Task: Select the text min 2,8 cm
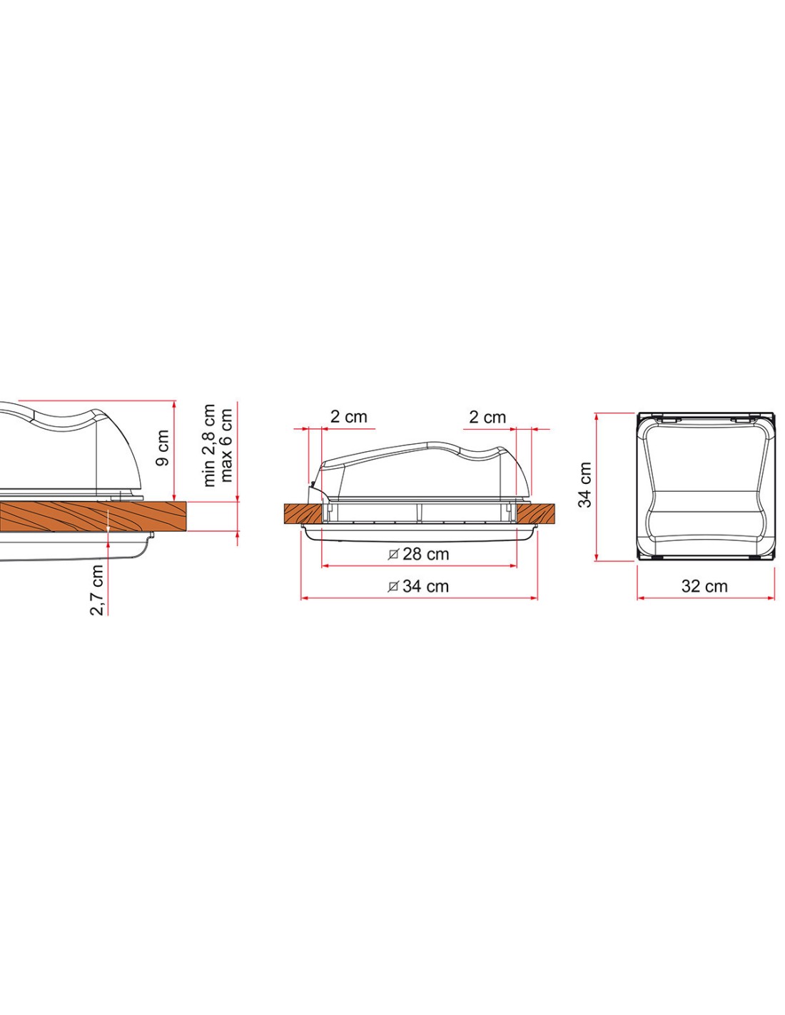point(210,445)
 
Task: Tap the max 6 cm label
point(226,445)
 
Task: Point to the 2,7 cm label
point(96,590)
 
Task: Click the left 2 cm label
point(349,416)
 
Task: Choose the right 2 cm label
point(487,417)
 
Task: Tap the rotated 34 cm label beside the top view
point(584,485)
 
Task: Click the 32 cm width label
point(704,586)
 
